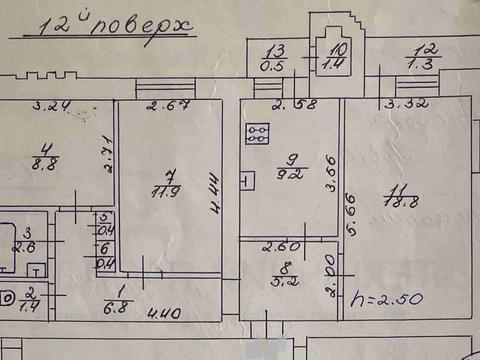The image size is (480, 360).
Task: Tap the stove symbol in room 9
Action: click(x=258, y=134)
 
